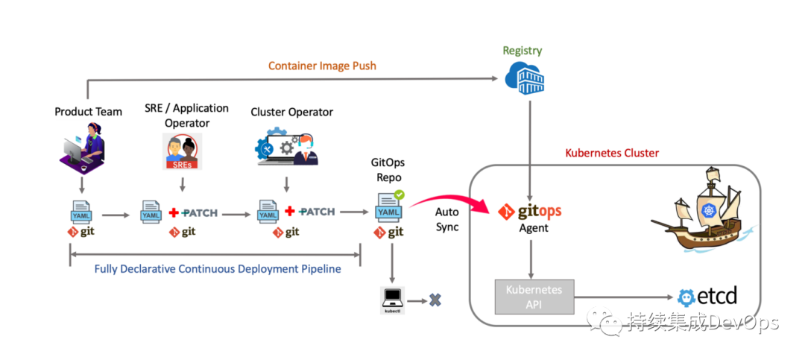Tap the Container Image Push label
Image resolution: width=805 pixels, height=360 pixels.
(x=322, y=66)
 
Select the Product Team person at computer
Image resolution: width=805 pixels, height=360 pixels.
(x=82, y=145)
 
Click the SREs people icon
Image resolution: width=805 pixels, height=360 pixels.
(x=183, y=152)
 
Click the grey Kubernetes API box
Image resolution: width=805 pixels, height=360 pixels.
(x=533, y=296)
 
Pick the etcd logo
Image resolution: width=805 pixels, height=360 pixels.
(x=707, y=297)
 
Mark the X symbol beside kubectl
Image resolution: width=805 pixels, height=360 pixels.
(x=435, y=300)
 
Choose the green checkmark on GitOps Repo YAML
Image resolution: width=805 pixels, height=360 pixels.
(x=400, y=195)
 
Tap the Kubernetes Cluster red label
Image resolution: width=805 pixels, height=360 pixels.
(x=612, y=154)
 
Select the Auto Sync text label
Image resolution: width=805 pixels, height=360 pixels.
(x=447, y=220)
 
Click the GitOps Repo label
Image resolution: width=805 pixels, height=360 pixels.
(x=388, y=169)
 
